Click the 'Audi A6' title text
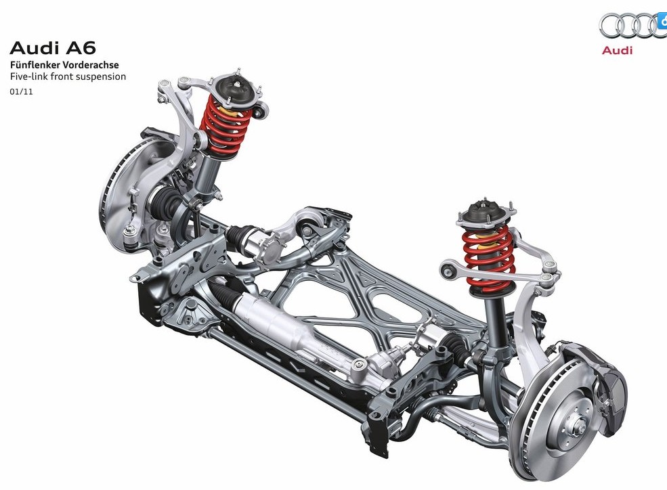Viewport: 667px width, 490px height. pyautogui.click(x=53, y=48)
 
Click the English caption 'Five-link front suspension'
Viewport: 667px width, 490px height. pyautogui.click(x=68, y=77)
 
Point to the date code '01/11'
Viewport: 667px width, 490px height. pyautogui.click(x=21, y=91)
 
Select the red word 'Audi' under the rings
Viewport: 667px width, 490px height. pyautogui.click(x=618, y=50)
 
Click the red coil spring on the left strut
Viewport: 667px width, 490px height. pyautogui.click(x=225, y=125)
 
